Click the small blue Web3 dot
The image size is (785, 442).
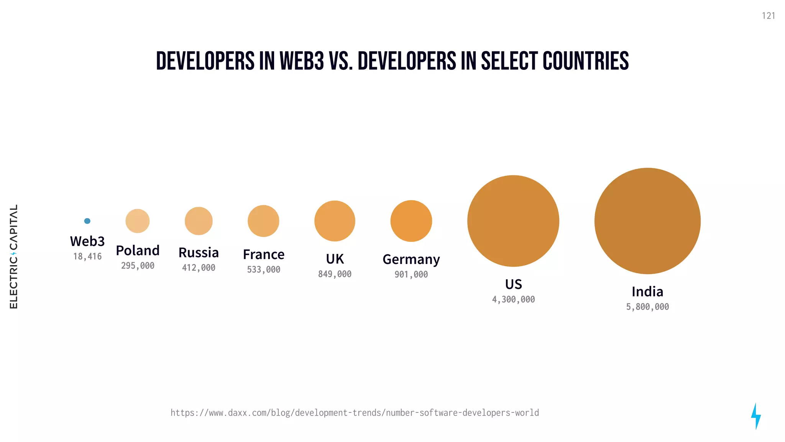(87, 221)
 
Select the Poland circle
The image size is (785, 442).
(138, 221)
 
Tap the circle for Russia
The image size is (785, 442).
(199, 221)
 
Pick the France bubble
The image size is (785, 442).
(263, 221)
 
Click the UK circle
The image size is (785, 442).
(335, 221)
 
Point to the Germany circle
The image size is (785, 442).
(411, 221)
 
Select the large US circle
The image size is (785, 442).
(513, 221)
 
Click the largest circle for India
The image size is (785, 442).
(647, 221)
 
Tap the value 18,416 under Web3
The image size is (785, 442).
(87, 256)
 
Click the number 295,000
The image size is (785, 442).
(138, 266)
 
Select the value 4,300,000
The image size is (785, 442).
(513, 299)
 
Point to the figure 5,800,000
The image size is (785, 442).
(647, 307)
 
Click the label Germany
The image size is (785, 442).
(411, 259)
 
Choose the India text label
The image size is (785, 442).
(647, 292)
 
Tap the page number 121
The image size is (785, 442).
(768, 16)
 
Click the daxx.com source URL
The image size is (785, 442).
(355, 413)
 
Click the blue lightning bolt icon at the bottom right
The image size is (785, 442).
(755, 416)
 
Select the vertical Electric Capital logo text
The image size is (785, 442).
(14, 256)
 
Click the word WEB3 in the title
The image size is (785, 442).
(302, 61)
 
